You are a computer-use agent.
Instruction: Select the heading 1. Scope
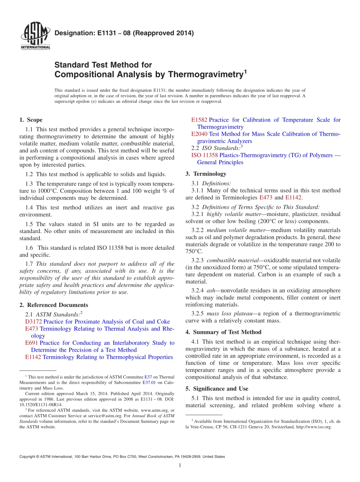click(31, 120)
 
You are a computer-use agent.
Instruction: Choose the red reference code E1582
click(199, 120)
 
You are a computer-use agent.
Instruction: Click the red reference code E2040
click(199, 134)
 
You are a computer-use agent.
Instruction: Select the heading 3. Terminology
click(206, 174)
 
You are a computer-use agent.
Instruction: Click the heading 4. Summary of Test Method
click(223, 332)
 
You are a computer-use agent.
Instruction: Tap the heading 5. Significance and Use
click(217, 389)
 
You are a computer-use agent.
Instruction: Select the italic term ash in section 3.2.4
click(211, 291)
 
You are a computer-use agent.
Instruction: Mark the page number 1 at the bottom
click(180, 465)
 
